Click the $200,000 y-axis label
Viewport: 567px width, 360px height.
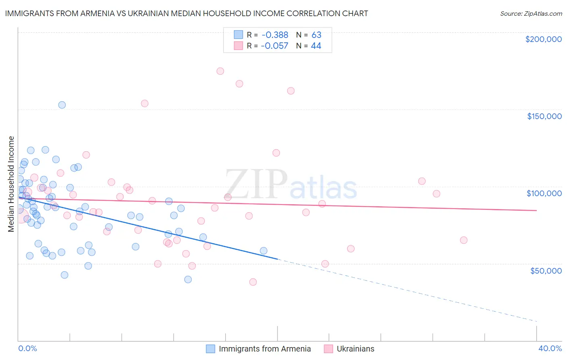click(x=543, y=39)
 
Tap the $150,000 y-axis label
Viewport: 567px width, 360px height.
click(x=544, y=116)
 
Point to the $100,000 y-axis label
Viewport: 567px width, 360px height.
click(x=544, y=193)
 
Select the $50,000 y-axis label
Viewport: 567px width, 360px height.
click(x=546, y=271)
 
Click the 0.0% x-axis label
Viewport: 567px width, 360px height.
click(x=27, y=348)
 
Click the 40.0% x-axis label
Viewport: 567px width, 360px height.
click(x=550, y=348)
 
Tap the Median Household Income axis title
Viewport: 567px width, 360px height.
click(x=11, y=184)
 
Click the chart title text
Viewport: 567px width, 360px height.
click(x=186, y=13)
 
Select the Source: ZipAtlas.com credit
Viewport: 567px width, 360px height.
click(x=531, y=13)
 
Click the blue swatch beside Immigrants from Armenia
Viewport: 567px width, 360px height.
click(x=211, y=349)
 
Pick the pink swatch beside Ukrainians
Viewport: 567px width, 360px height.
click(x=328, y=349)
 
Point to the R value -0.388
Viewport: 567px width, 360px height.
click(x=275, y=35)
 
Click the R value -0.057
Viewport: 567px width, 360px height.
click(x=275, y=46)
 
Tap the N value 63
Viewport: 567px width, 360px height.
click(x=316, y=35)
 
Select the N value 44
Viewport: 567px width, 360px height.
click(x=316, y=46)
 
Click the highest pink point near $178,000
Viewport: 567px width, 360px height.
click(x=220, y=71)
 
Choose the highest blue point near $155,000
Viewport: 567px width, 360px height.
click(x=62, y=105)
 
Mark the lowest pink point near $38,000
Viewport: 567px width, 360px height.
click(x=253, y=282)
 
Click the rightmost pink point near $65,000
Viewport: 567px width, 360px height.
click(x=464, y=240)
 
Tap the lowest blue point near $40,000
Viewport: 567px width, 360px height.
click(x=188, y=280)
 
